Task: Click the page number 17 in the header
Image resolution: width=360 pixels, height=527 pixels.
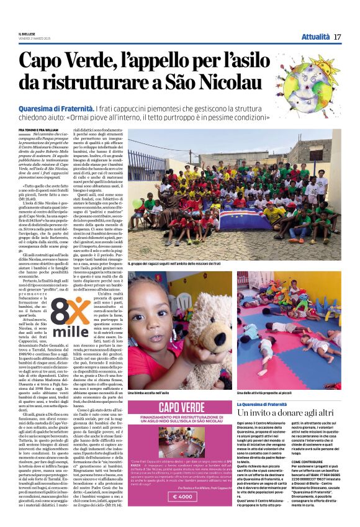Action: [x=338, y=37]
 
